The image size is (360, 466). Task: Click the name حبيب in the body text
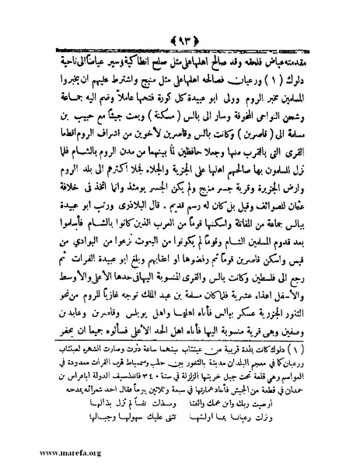coord(72,93)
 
